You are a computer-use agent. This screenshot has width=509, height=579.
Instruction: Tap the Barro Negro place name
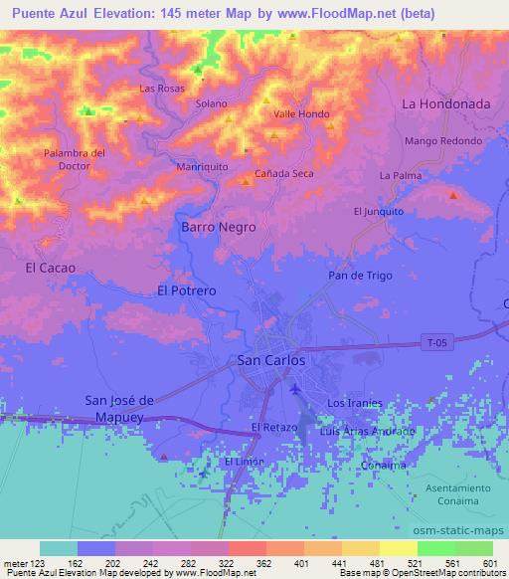click(218, 227)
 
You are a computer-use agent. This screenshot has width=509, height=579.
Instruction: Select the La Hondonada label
click(445, 103)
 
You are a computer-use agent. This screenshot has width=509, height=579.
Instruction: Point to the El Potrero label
click(186, 290)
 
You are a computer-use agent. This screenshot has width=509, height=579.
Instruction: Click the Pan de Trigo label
click(360, 276)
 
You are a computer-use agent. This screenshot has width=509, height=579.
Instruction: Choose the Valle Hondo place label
click(301, 114)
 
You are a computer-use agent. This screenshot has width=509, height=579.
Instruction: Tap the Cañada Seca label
click(284, 174)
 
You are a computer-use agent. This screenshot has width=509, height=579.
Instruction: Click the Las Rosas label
click(163, 89)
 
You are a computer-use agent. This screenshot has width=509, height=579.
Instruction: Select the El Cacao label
click(50, 268)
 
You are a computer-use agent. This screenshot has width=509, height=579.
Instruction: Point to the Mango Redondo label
click(443, 141)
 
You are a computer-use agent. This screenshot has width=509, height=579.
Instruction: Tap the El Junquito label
click(379, 211)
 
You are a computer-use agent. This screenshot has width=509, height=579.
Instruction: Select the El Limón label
click(242, 463)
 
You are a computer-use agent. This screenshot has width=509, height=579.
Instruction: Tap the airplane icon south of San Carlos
click(294, 388)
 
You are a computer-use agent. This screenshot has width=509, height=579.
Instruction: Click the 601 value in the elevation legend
click(487, 562)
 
